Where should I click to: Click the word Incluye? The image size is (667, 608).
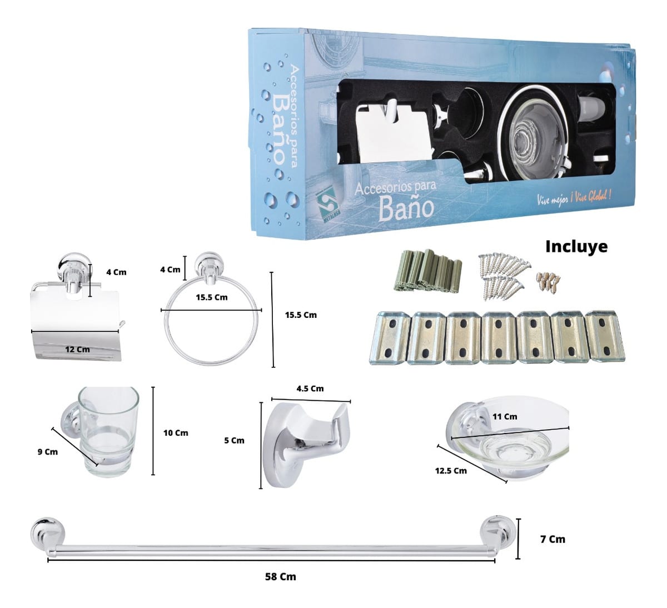[576, 246]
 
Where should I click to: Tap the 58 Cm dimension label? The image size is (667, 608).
[280, 576]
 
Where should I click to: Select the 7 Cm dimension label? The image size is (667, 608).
[552, 539]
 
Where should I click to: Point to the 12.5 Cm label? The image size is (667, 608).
[451, 471]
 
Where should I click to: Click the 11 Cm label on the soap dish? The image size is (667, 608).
[505, 416]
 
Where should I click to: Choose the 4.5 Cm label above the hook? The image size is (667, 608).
[310, 388]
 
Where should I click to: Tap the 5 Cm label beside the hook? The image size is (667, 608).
[234, 440]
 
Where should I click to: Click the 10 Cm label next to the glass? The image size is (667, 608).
[176, 433]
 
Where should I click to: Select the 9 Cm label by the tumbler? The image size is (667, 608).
[47, 452]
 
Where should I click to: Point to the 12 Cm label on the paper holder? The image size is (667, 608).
[77, 350]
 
